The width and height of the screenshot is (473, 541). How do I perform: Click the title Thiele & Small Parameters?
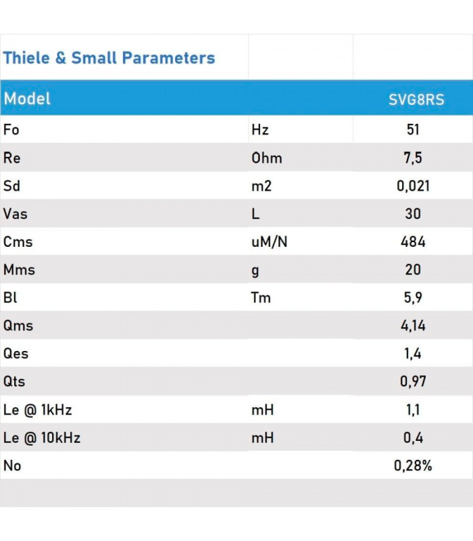109,58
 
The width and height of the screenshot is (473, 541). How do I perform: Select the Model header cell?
27,99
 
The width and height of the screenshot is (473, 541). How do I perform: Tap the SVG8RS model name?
416,100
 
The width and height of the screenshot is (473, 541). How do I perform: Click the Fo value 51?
413,130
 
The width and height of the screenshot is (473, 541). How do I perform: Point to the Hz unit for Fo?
260,130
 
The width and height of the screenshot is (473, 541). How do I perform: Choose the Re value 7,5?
413,158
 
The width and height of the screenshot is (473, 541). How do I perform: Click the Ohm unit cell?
266,158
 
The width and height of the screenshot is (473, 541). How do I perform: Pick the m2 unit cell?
261,186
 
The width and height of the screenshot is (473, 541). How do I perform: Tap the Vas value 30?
413,214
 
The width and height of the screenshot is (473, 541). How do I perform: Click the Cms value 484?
413,242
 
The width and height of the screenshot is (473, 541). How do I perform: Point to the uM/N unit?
269,242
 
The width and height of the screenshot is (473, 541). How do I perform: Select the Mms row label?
19,270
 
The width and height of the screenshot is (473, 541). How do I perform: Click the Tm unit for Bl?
261,298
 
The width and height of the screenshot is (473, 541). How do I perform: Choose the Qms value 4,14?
413,326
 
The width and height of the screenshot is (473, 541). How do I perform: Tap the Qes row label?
16,354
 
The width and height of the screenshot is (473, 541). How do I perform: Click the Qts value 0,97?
413,382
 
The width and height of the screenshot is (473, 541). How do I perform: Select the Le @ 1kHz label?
38,410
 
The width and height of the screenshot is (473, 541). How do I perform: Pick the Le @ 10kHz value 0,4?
413,438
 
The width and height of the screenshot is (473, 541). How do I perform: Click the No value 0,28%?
413,466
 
